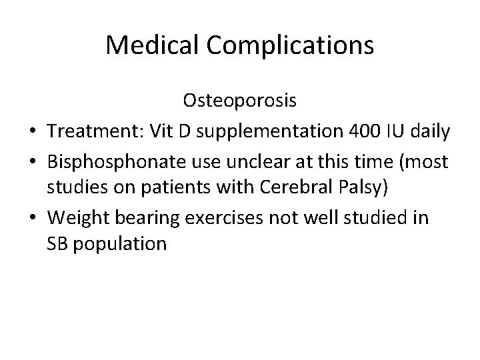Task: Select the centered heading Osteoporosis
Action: tap(240, 101)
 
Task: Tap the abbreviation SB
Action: tap(58, 243)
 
